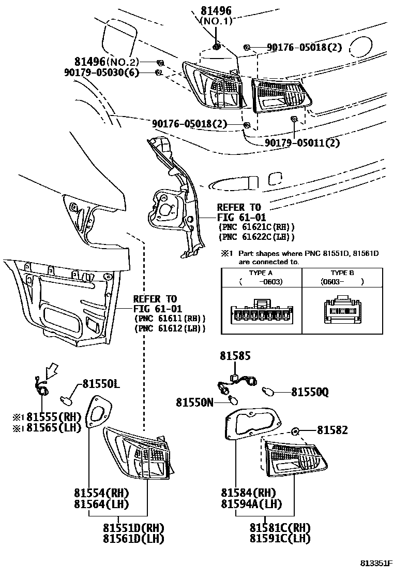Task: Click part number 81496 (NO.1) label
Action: (216, 16)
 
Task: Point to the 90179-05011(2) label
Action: (302, 142)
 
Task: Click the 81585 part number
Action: (235, 356)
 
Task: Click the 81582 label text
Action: (332, 430)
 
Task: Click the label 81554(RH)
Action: (101, 492)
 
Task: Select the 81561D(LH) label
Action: (133, 539)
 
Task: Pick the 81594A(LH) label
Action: (251, 503)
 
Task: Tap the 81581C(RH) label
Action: (280, 527)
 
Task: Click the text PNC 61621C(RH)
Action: (256, 227)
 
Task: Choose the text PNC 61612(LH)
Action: (170, 328)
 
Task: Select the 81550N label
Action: (194, 402)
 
